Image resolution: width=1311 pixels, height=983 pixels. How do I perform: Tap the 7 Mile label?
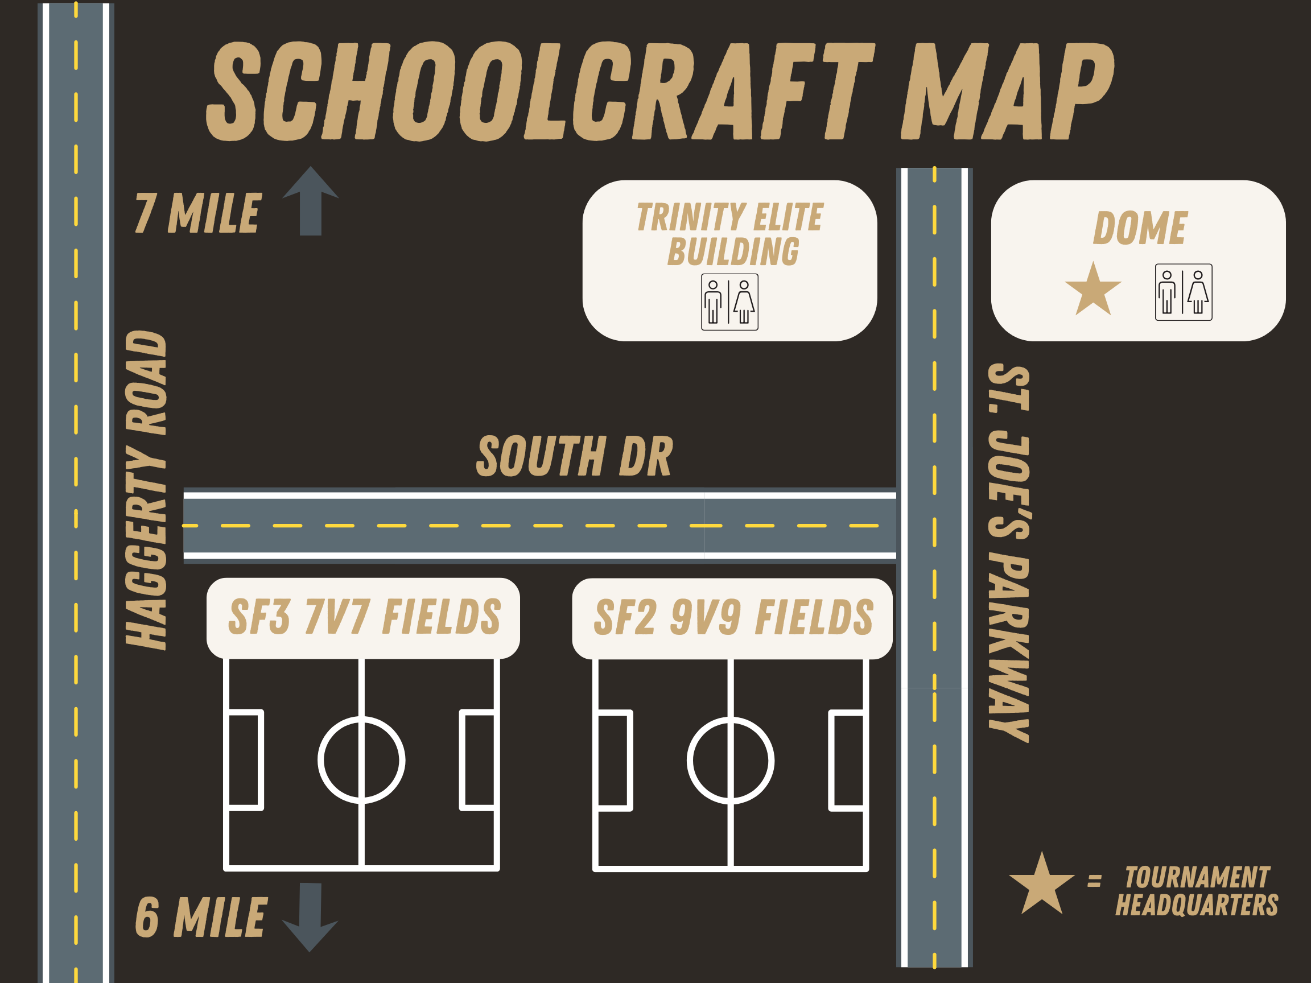pos(197,213)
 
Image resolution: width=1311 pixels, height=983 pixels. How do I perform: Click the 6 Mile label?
pos(201,917)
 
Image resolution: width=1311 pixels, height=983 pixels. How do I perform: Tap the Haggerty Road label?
pos(146,490)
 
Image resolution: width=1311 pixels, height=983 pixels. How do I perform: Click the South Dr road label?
pos(574,456)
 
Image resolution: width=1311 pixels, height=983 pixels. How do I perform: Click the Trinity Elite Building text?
pos(730,233)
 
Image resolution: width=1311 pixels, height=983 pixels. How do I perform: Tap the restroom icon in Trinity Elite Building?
pos(729,302)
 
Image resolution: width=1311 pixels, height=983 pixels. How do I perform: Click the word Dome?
pos(1140,228)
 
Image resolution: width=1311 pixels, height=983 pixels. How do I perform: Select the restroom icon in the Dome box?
pos(1183,292)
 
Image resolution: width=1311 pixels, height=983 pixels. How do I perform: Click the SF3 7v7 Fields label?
pos(364,617)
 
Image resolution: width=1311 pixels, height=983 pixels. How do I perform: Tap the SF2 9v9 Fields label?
pos(733,617)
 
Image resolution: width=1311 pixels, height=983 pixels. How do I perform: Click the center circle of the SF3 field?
pos(361,760)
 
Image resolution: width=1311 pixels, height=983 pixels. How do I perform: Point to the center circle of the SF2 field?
pos(730,761)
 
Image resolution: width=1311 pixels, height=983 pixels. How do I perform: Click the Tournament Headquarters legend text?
pos(1197,891)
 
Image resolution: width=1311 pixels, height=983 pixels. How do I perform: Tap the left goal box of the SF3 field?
pos(245,759)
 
